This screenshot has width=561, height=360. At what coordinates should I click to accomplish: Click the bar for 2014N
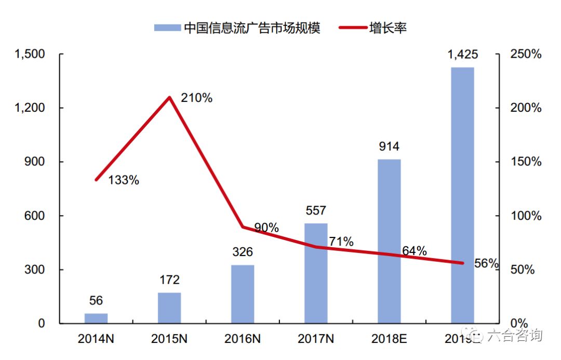pyautogui.click(x=96, y=318)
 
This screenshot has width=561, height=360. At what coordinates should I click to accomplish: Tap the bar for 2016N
pyautogui.click(x=243, y=294)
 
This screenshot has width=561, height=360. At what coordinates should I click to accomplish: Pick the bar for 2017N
pyautogui.click(x=316, y=273)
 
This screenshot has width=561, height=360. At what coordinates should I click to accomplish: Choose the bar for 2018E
pyautogui.click(x=389, y=241)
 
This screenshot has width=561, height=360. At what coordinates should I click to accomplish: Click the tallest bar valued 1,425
pyautogui.click(x=462, y=195)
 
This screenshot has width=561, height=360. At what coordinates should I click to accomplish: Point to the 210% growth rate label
pyautogui.click(x=197, y=98)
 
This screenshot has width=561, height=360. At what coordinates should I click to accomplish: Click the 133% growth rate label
pyautogui.click(x=124, y=180)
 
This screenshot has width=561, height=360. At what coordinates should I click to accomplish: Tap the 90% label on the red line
pyautogui.click(x=266, y=228)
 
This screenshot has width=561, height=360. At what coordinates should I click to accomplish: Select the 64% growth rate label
pyautogui.click(x=414, y=251)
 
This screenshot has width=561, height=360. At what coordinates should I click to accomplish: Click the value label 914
pyautogui.click(x=389, y=146)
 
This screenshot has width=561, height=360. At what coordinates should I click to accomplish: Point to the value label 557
pyautogui.click(x=316, y=210)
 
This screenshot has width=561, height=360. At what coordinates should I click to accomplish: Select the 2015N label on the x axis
pyautogui.click(x=169, y=339)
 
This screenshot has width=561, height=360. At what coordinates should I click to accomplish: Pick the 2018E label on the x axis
pyautogui.click(x=389, y=339)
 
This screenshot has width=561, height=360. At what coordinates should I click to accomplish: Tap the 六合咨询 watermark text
pyautogui.click(x=514, y=335)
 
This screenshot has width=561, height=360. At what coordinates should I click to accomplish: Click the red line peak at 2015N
pyautogui.click(x=169, y=97)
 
